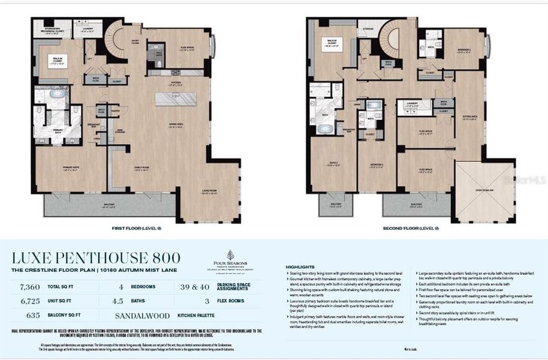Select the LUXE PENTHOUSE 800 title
click(x=96, y=258)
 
